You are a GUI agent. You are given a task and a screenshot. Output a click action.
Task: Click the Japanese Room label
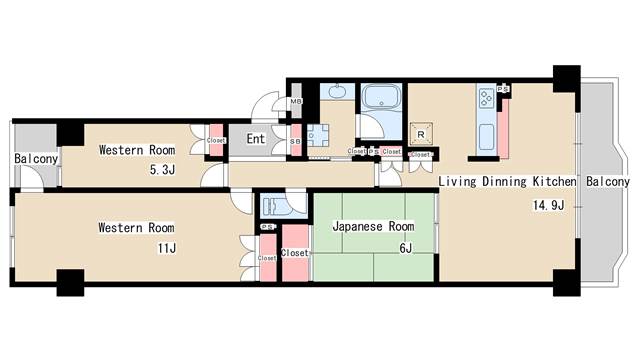pos(372,227)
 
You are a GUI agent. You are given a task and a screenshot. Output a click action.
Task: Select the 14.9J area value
pos(549,206)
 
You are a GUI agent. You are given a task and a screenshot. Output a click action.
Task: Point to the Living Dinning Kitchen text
pos(508,182)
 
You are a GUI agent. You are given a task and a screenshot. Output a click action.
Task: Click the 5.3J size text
pos(162,170)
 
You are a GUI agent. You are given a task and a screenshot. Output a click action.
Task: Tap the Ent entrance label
pos(256,139)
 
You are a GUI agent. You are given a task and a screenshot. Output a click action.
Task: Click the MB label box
pos(296,102)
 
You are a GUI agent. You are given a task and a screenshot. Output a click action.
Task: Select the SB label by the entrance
pos(295,141)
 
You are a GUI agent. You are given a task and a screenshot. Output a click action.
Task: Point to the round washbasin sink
pos(336,93)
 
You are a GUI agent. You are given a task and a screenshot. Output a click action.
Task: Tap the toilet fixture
pos(275,207)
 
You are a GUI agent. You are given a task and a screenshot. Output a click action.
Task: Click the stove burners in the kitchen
pos(487,97)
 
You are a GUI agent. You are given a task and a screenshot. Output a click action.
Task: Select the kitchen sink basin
pos(486,137)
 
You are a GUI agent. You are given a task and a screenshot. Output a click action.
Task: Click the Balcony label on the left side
pos(36,159)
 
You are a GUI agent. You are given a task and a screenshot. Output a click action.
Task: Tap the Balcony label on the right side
pos(607,182)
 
